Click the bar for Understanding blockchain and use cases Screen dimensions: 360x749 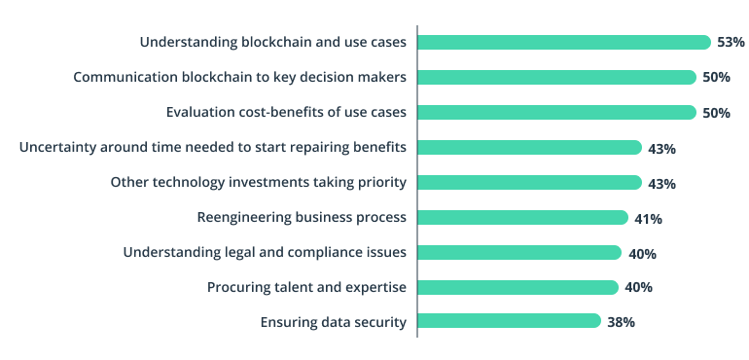(x=564, y=42)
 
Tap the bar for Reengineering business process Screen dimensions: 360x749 (x=522, y=218)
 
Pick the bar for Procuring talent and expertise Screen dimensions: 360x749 (x=517, y=287)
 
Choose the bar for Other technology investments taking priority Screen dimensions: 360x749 (x=529, y=183)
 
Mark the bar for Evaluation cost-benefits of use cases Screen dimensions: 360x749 (x=556, y=112)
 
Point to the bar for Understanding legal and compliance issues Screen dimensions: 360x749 (x=518, y=253)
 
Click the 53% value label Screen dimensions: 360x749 (x=731, y=43)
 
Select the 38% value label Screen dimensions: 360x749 (x=621, y=322)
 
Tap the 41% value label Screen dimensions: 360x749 (x=648, y=219)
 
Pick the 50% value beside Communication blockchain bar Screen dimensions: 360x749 (x=716, y=78)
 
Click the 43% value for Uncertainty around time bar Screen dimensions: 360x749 (x=661, y=149)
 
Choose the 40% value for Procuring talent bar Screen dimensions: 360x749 (x=638, y=288)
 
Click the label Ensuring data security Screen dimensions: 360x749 (x=333, y=322)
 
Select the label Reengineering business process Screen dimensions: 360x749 (x=302, y=217)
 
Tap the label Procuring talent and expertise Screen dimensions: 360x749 (x=306, y=287)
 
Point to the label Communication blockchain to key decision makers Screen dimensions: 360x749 (x=239, y=77)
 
